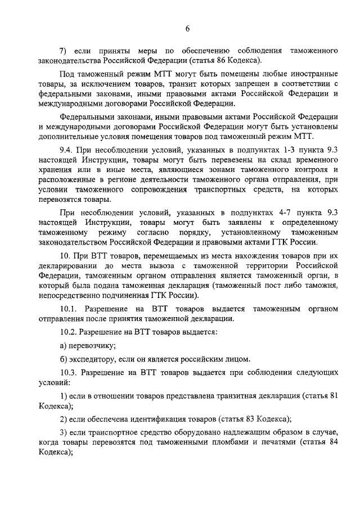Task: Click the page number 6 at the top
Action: pos(187,30)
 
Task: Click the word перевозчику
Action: pos(92,346)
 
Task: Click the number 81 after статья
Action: pos(332,396)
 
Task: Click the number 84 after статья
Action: pos(332,441)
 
